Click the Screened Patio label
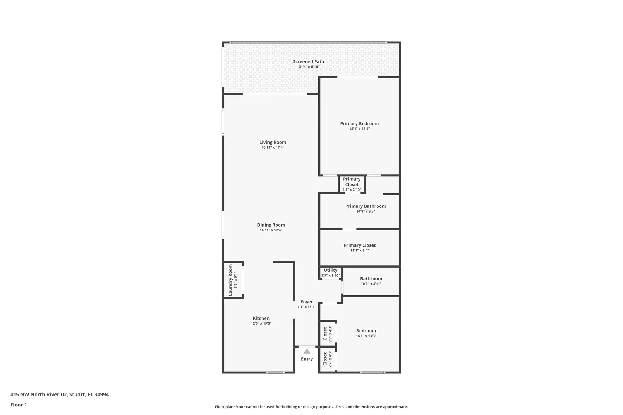click(x=309, y=62)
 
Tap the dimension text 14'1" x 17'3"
click(x=359, y=129)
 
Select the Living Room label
click(x=273, y=142)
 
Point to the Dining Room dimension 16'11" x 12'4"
click(x=271, y=230)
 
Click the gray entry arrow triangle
click(x=307, y=351)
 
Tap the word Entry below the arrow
click(x=307, y=359)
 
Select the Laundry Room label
click(x=230, y=280)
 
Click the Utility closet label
click(x=330, y=270)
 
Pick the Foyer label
click(x=307, y=302)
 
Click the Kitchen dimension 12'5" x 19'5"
click(x=261, y=323)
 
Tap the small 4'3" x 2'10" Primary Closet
click(x=352, y=184)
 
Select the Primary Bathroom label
click(x=365, y=206)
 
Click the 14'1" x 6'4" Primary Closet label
click(x=360, y=245)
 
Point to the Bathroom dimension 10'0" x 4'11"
click(x=371, y=284)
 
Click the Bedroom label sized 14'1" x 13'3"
click(x=366, y=331)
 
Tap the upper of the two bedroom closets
click(x=327, y=334)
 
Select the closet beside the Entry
click(x=327, y=359)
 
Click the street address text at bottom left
click(x=59, y=395)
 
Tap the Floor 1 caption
click(x=19, y=405)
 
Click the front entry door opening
click(x=307, y=347)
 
